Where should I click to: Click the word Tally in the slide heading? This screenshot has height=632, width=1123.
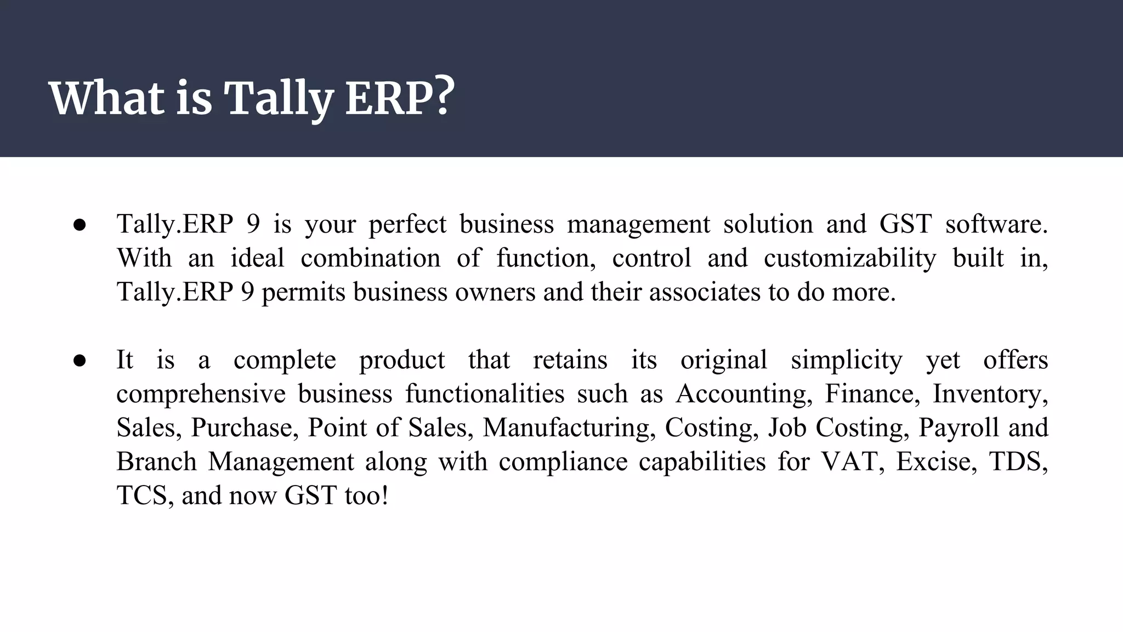(x=278, y=99)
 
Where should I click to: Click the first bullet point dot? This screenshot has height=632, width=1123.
(x=80, y=225)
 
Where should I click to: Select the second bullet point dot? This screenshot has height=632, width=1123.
(x=80, y=360)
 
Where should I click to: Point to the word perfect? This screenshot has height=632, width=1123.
(x=407, y=225)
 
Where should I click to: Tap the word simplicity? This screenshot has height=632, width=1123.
(x=847, y=361)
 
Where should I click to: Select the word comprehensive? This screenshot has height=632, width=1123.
(x=201, y=395)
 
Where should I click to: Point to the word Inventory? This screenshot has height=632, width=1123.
(x=990, y=394)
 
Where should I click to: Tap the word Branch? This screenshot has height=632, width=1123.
(x=156, y=462)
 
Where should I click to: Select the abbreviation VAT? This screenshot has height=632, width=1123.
(x=851, y=462)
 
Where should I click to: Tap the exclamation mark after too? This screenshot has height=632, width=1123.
(x=385, y=496)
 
